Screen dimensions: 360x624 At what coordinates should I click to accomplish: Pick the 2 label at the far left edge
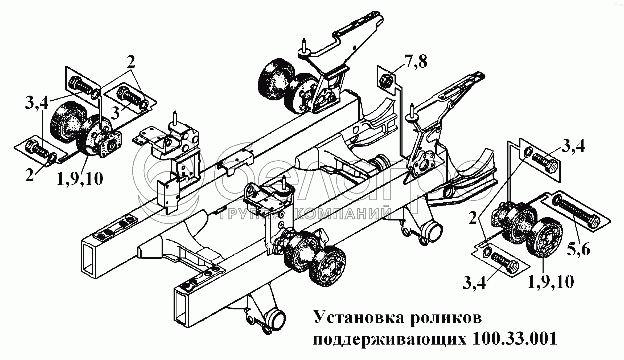(30, 175)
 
